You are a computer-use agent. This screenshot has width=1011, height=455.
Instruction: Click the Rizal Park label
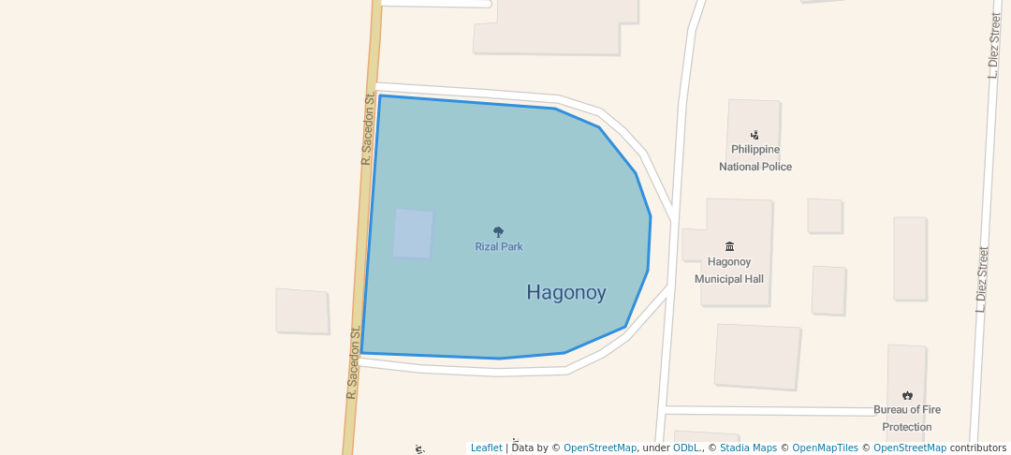(498, 247)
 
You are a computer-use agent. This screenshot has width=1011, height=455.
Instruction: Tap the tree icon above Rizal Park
(498, 232)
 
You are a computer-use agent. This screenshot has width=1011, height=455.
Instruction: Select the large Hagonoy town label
(566, 292)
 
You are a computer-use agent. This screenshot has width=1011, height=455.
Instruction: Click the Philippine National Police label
(755, 158)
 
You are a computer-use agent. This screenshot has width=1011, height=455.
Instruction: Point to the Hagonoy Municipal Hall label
(729, 271)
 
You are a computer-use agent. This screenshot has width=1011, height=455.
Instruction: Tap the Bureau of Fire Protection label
(907, 418)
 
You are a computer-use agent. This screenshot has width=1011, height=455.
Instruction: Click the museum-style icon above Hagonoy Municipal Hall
(729, 246)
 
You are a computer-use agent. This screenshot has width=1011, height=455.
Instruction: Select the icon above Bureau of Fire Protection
(907, 395)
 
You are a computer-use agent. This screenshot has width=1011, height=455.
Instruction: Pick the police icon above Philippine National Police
(755, 135)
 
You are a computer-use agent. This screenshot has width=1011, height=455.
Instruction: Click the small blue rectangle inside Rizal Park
(413, 233)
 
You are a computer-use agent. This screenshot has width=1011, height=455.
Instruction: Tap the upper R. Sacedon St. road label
(368, 128)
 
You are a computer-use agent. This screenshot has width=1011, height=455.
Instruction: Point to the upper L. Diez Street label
(994, 45)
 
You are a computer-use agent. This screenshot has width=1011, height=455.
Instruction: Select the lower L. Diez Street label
(981, 279)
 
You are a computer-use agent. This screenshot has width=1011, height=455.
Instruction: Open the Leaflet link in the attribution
(486, 448)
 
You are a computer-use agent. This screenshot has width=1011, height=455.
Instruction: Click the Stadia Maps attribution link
(748, 448)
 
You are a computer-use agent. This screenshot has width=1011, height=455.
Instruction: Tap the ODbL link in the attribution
(687, 448)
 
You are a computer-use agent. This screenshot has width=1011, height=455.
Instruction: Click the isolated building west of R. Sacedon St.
(302, 311)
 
